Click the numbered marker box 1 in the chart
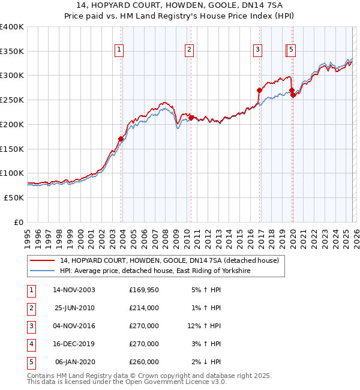119,50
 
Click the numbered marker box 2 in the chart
189,50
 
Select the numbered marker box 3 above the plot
257,50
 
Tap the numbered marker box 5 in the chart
291,50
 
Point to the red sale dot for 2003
121,139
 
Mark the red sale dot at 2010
191,118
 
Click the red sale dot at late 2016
259,91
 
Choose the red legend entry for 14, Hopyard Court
169,261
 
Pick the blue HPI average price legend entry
154,271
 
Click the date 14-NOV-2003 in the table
74,290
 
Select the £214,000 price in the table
144,308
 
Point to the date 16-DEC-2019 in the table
74,344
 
